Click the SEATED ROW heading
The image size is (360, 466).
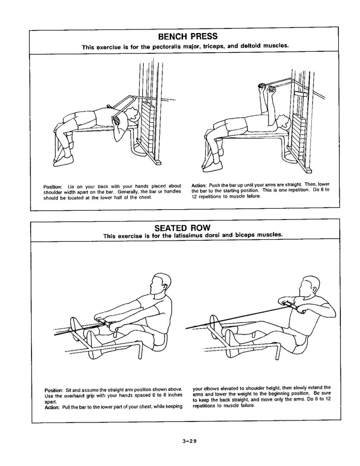pos(186,228)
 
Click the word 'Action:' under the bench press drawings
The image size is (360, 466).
pos(200,185)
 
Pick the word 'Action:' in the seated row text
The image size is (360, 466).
pos(53,406)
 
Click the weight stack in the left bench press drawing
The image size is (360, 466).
pos(148,127)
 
